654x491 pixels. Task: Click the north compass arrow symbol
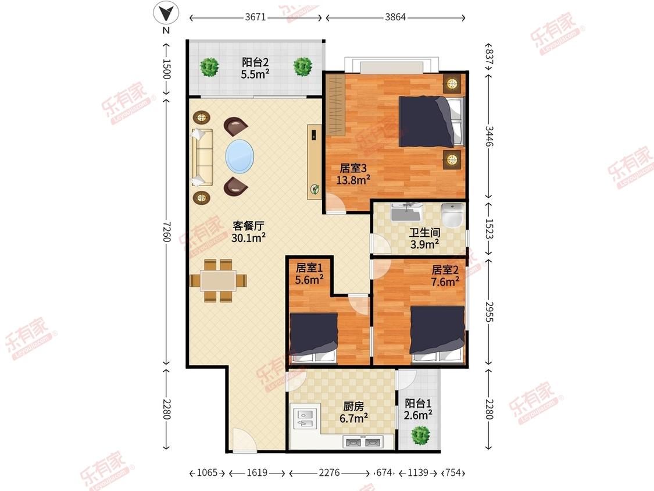click(166, 14)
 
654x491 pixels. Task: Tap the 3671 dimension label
click(255, 17)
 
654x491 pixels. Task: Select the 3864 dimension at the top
click(395, 17)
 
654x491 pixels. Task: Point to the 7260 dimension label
click(166, 232)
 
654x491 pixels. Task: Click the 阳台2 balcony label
click(255, 63)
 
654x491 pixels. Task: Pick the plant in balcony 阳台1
click(420, 436)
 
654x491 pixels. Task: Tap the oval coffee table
click(240, 156)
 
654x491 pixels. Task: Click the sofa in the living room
click(202, 157)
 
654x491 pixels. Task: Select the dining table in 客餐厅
click(218, 280)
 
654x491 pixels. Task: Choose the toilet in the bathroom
click(452, 215)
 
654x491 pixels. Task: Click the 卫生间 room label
click(424, 233)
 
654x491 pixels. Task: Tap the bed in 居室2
click(438, 335)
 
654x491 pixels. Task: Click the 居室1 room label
click(309, 268)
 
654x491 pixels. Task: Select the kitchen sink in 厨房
click(306, 419)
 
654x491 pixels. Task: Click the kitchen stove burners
click(362, 442)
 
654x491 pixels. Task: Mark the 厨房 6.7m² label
click(353, 412)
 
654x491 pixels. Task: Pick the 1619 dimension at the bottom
click(257, 472)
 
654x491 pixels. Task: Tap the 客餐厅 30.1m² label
click(249, 232)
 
